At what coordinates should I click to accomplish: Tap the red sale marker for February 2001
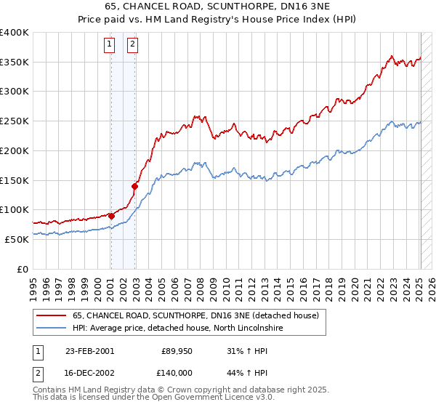coord(111,215)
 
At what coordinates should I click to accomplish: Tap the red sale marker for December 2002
coord(135,186)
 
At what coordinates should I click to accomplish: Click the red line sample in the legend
coord(51,315)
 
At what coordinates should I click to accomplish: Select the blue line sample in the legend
coord(51,329)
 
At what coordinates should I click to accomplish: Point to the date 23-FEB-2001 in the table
coord(89,350)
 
